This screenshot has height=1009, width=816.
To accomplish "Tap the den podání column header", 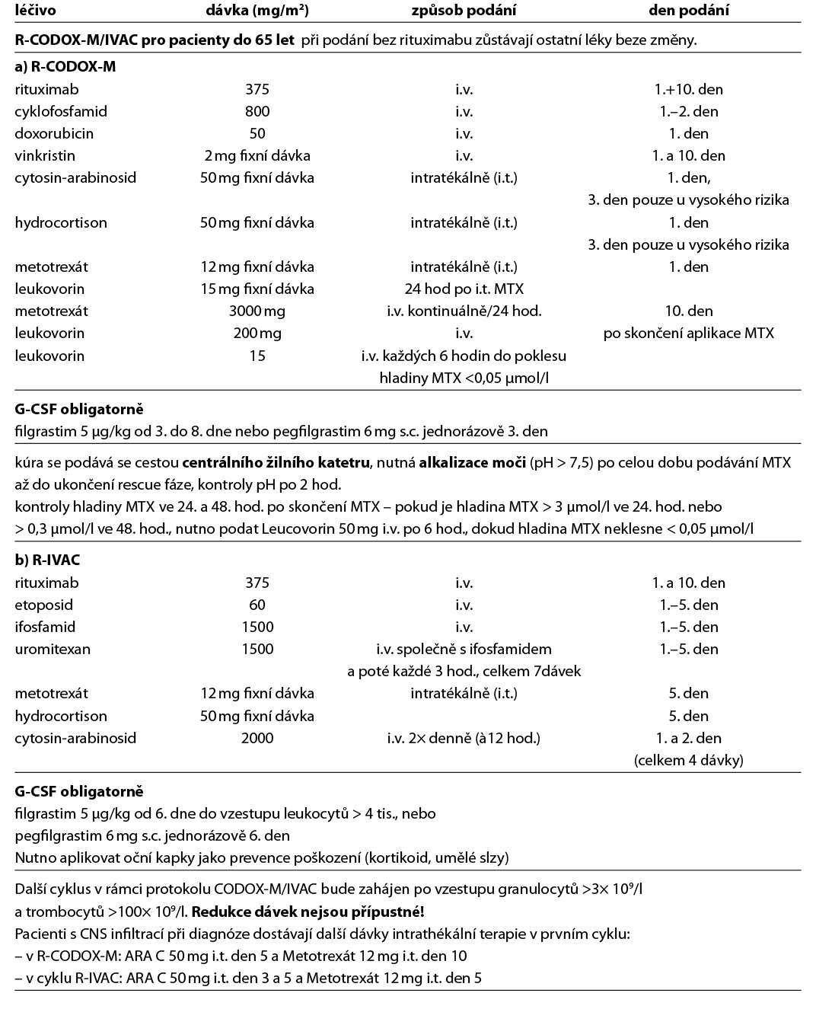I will [688, 11].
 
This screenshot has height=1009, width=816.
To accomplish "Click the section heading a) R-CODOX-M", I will [65, 66].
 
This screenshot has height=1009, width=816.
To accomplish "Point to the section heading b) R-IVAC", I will [47, 560].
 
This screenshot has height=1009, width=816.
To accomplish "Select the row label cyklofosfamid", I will [61, 111].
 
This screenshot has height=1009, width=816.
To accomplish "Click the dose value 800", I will [257, 111].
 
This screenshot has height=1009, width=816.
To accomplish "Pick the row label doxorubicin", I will [54, 133].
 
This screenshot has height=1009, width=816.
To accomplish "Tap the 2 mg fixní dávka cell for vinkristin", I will [257, 155].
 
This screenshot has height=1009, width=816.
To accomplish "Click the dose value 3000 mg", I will [257, 311].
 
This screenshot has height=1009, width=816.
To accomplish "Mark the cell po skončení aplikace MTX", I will [688, 333].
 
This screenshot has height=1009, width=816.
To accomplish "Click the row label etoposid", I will [45, 605].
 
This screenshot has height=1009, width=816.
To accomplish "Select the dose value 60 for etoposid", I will [257, 605].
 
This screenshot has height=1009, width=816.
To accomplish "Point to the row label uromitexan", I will [53, 649].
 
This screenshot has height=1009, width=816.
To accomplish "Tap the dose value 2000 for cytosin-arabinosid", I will [257, 738].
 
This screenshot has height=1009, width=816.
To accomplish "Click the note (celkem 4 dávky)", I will [688, 760].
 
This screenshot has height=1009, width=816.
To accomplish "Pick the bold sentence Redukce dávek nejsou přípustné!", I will [308, 912].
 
